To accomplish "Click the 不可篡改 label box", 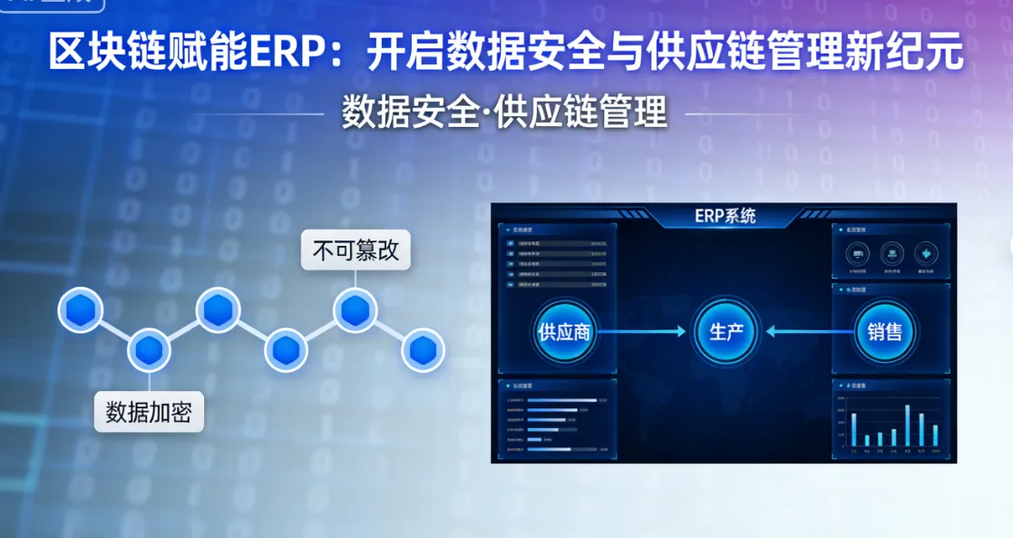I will pos(356,250).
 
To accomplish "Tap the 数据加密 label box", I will pos(149,412).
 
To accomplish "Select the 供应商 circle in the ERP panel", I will pos(563,332).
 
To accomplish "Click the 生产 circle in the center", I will pos(726,332).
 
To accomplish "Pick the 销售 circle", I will pos(884,332).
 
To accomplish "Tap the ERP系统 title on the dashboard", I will pos(725,216).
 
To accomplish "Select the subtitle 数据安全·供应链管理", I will pos(504,112).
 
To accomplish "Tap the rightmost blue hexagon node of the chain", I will pos(423,349).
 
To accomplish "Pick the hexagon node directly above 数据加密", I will pos(149,349).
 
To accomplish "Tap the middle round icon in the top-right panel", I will pos(891,253).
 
